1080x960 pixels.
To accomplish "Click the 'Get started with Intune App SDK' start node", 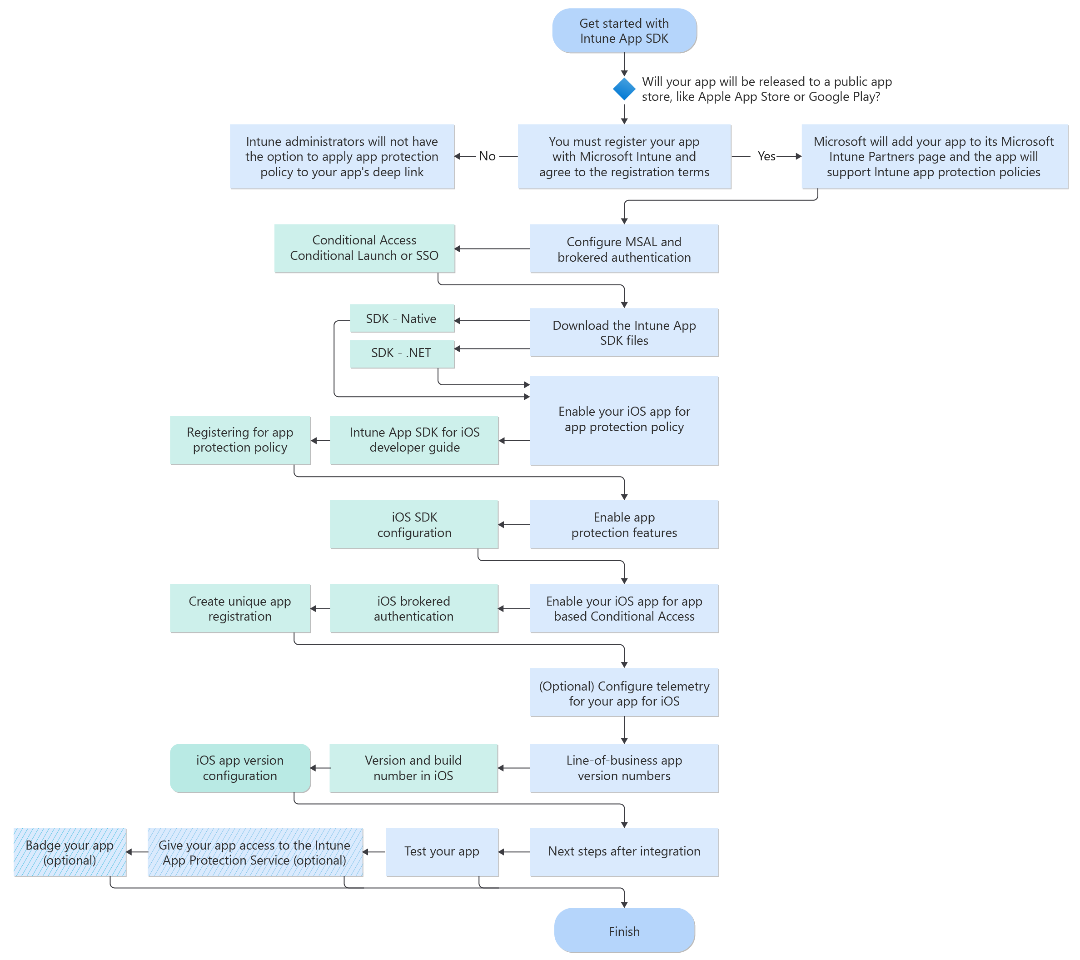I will [624, 30].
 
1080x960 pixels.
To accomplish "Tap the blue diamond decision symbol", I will [624, 89].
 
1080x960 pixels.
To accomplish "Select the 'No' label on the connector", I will [487, 156].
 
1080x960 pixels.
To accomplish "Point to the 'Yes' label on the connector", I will [766, 156].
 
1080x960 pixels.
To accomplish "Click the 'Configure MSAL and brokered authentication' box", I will [624, 249].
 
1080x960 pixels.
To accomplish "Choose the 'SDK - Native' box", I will [402, 318].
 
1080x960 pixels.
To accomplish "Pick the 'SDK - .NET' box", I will [402, 353].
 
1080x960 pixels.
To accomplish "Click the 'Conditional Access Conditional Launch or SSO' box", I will [364, 248].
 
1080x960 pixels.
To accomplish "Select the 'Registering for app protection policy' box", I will [240, 440].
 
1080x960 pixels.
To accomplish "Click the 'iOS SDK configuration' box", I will [414, 525].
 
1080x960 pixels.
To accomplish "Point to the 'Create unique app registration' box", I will [240, 609].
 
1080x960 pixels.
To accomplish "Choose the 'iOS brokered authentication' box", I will [414, 609].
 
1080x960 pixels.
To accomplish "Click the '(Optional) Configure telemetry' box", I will [624, 693].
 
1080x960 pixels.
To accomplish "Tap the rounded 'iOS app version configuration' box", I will [240, 768].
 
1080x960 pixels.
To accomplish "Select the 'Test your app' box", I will [442, 852].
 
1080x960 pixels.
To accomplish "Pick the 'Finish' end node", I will [624, 931].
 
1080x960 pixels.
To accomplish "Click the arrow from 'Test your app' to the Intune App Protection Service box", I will [375, 852].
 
